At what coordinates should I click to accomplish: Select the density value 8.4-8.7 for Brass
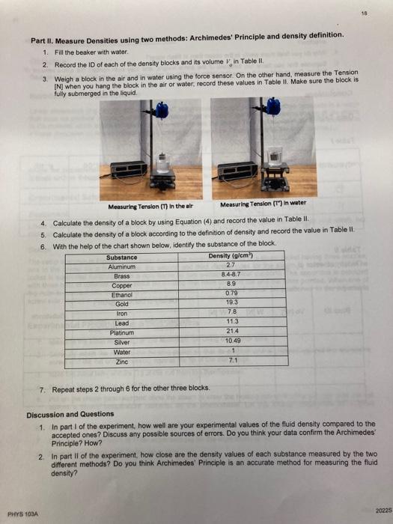tap(231, 275)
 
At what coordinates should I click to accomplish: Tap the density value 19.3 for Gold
tap(231, 303)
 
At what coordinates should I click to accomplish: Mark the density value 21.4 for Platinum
tap(231, 332)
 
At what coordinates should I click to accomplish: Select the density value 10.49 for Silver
tap(231, 341)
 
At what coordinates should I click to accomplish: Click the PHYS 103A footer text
tap(22, 513)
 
